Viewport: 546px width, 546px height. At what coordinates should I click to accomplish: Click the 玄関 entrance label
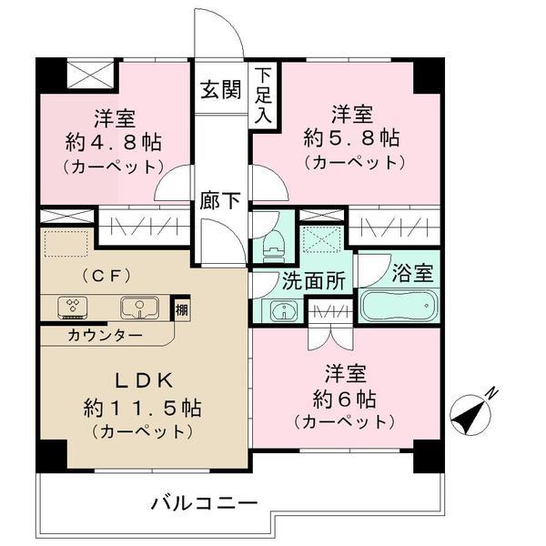pos(220,90)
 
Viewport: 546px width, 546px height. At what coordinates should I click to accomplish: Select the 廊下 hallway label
pos(220,201)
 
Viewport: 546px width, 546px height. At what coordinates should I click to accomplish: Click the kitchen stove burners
pos(71,308)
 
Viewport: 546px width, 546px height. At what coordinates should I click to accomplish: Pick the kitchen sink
pos(136,308)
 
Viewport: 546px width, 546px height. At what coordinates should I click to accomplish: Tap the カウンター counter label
pos(104,335)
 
